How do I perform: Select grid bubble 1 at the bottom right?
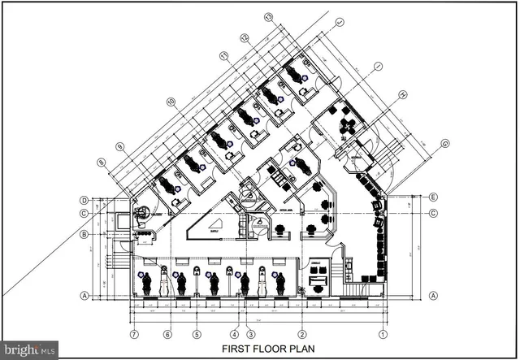tap(382, 334)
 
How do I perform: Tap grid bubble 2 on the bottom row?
tap(301, 334)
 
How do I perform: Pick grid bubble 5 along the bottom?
tap(196, 334)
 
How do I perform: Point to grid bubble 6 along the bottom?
tap(167, 334)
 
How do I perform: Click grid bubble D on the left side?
tap(84, 200)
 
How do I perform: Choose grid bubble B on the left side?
tap(84, 235)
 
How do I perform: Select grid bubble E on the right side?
tap(435, 197)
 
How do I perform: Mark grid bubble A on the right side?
tap(435, 295)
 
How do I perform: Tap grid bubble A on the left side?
tap(84, 296)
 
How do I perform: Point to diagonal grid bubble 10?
tap(171, 102)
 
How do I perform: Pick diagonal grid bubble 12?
tap(244, 37)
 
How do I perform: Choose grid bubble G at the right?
tap(445, 144)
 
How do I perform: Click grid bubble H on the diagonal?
tap(402, 94)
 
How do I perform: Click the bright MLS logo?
tap(29, 350)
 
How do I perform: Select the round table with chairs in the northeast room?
tap(349, 124)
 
